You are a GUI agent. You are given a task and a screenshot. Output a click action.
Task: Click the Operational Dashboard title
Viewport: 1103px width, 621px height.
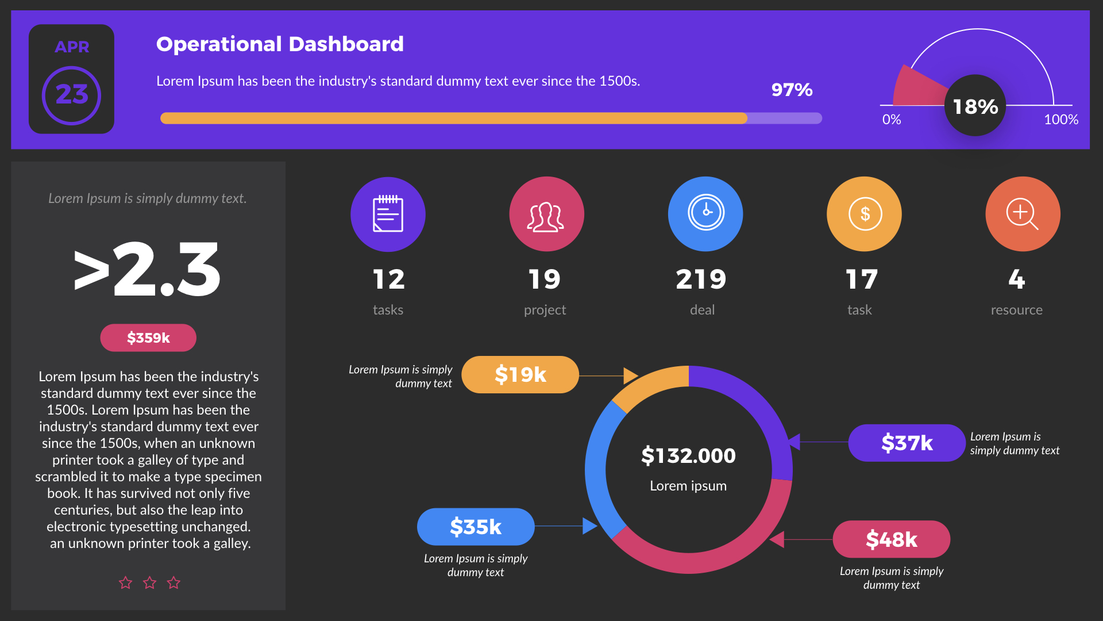coord(280,44)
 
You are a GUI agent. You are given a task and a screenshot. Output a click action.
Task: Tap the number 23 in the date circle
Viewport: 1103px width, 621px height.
coord(72,95)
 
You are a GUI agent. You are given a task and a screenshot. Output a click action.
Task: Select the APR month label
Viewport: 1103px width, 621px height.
coord(72,47)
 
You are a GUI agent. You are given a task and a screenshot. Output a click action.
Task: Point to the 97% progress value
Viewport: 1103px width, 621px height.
coord(792,90)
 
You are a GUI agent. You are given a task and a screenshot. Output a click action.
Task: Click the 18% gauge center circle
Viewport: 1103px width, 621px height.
coord(975,106)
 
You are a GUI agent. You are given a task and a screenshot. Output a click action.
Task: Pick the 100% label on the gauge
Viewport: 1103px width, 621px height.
coord(1060,120)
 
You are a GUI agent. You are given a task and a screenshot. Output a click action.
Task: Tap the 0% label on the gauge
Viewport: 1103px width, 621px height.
coord(892,120)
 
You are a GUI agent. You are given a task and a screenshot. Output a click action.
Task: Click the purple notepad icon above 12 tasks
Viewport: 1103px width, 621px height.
coord(388,214)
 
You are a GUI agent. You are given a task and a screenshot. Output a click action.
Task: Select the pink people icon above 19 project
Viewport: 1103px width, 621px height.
coord(546,214)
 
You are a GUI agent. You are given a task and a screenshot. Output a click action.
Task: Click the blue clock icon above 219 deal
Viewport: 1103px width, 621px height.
coord(705,214)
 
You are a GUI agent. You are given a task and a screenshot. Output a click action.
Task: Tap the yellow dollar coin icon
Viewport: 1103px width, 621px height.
coord(864,214)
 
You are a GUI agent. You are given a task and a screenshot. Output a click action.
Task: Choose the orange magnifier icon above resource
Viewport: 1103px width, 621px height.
coord(1023,214)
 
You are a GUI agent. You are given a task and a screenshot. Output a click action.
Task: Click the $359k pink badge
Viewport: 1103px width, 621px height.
coord(148,338)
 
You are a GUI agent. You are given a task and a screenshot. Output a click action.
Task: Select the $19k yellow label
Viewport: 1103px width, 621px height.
coord(520,375)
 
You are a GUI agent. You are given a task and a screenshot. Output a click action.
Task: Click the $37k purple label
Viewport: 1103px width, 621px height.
coord(907,443)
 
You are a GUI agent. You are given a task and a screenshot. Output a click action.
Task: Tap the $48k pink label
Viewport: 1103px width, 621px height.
coord(891,539)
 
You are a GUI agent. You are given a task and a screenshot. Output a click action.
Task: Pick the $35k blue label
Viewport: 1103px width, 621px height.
coord(476,527)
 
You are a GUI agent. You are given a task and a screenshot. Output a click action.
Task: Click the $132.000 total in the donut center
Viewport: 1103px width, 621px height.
coord(688,456)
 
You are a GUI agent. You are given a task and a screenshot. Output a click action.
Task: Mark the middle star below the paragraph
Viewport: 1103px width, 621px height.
coord(149,583)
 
